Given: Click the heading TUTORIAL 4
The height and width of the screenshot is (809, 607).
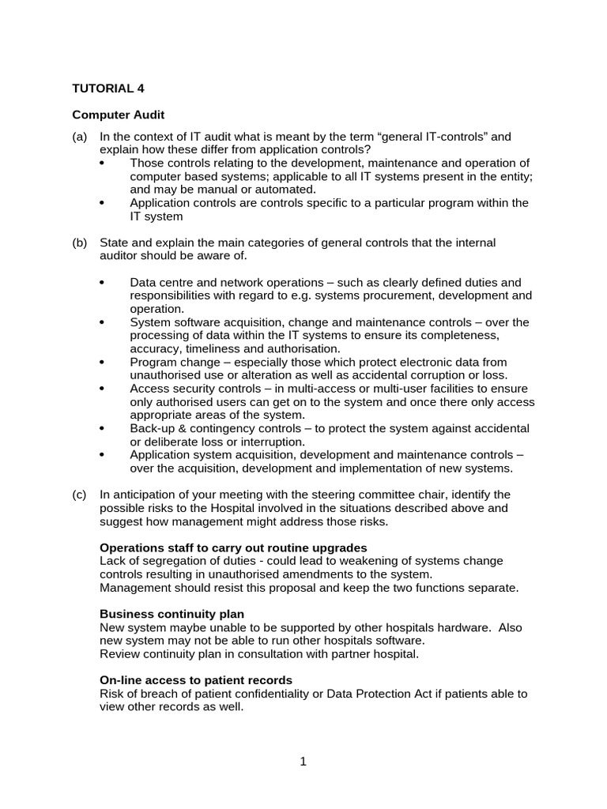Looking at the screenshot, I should point(108,88).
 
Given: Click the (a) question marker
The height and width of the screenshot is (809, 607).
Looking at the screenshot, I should point(79,137).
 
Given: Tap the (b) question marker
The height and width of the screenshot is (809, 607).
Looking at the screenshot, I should point(79,243).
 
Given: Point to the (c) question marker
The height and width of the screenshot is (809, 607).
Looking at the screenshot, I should point(79,495).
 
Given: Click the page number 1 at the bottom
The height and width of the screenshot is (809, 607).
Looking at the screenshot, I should point(303,762).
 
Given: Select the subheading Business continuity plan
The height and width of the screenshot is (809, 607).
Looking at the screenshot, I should point(172,614).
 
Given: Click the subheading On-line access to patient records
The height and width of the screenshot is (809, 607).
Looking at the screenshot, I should point(196,680).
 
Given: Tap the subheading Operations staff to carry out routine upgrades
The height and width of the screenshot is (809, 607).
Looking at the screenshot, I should point(233,547).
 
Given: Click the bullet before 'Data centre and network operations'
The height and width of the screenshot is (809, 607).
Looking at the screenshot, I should point(104,283).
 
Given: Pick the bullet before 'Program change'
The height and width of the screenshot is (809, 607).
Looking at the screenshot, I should point(104,362).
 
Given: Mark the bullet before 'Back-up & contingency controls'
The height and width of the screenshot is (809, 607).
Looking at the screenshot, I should point(104,428).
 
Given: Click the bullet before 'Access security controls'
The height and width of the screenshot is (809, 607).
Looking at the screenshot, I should point(104,389).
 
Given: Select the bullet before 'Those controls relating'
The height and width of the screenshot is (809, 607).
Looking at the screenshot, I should point(104,163).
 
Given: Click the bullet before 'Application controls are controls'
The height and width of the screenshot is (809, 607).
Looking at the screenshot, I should point(104,203).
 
